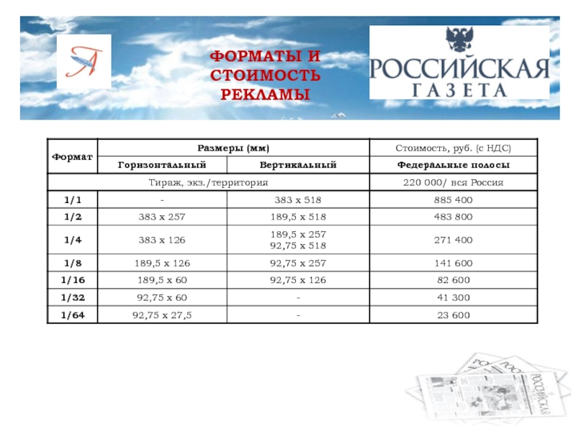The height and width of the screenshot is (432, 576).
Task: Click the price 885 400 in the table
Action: tap(453, 199)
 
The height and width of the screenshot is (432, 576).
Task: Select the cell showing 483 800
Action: tap(453, 215)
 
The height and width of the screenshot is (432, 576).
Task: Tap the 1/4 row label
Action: tap(72, 240)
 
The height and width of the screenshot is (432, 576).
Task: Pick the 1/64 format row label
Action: tap(72, 315)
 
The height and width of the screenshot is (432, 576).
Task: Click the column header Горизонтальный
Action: tap(162, 166)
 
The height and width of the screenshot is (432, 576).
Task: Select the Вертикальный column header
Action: tap(297, 166)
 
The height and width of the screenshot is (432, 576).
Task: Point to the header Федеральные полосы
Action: tap(453, 166)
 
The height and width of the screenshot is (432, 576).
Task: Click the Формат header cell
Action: tap(72, 156)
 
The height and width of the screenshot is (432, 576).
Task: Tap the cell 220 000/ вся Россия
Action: tap(453, 182)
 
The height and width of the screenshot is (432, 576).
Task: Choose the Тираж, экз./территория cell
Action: tap(207, 182)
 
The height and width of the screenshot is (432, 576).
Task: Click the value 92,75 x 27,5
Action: tap(162, 315)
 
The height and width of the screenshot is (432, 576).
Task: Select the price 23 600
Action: tap(453, 315)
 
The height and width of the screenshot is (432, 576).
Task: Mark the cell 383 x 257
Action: tap(162, 215)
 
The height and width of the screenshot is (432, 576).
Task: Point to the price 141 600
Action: tap(453, 264)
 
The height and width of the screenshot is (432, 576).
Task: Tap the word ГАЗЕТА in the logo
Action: tap(459, 89)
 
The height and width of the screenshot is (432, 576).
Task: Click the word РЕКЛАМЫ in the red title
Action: tap(265, 94)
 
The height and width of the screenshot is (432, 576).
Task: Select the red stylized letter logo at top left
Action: tap(84, 62)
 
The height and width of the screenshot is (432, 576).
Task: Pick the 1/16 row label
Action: tap(72, 280)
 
